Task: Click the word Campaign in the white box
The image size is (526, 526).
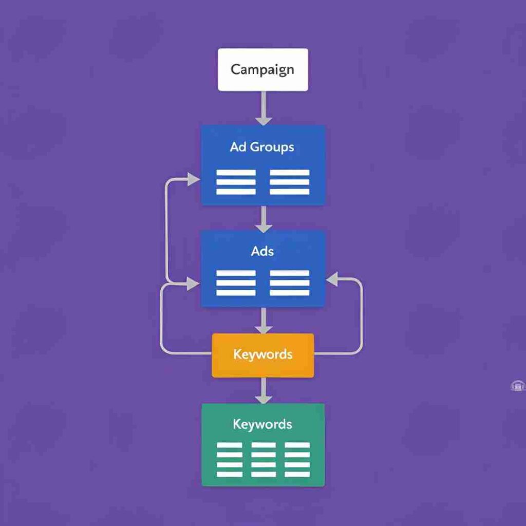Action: pyautogui.click(x=262, y=69)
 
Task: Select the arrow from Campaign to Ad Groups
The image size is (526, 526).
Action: pyautogui.click(x=264, y=108)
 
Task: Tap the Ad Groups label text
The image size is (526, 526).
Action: pyautogui.click(x=262, y=147)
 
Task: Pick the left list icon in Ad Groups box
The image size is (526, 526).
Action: pyautogui.click(x=236, y=182)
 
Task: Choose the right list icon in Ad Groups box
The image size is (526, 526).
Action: pyautogui.click(x=289, y=182)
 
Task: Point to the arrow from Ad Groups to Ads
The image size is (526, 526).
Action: pyautogui.click(x=264, y=219)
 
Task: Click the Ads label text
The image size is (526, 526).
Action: pyautogui.click(x=262, y=251)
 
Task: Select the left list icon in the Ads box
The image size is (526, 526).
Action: pyautogui.click(x=236, y=283)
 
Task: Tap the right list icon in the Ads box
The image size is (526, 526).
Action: pyautogui.click(x=289, y=283)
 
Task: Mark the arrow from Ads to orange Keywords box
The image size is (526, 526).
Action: pyautogui.click(x=264, y=321)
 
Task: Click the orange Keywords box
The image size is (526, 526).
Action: pyautogui.click(x=262, y=355)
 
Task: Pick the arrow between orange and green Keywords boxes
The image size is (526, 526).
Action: pyautogui.click(x=264, y=391)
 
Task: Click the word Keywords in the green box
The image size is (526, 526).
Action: pyautogui.click(x=262, y=424)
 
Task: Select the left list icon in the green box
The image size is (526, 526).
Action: pyautogui.click(x=229, y=460)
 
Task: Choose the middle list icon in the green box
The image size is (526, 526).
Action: pyautogui.click(x=263, y=460)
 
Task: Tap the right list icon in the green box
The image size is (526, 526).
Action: pyautogui.click(x=297, y=460)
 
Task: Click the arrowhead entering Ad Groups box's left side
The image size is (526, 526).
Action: pyautogui.click(x=194, y=179)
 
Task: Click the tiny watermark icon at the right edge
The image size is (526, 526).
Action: pyautogui.click(x=518, y=386)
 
